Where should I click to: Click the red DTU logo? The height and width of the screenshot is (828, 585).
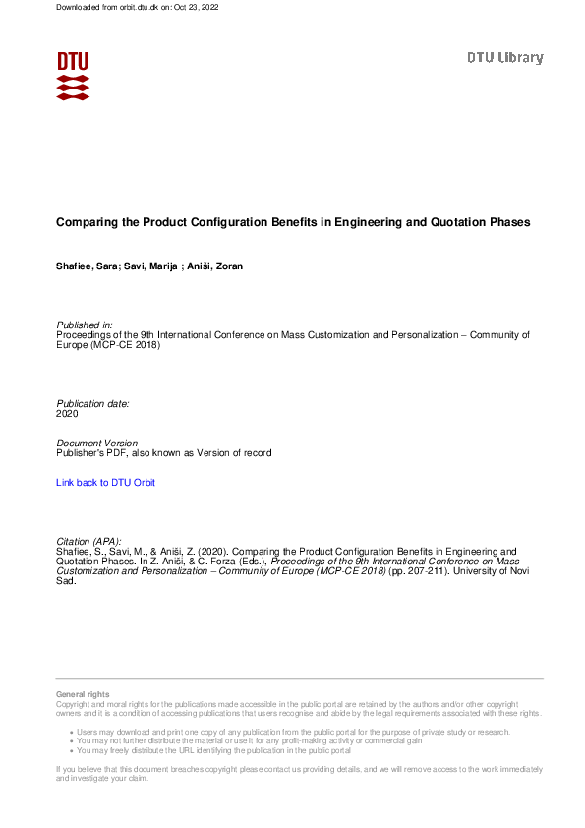point(73,76)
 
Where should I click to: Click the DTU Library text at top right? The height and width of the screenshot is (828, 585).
point(504,58)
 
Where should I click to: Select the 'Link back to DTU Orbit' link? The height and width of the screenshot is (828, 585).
point(105,483)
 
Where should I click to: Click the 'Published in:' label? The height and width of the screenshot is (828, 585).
point(85,325)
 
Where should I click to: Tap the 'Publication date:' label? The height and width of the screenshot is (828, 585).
point(92,404)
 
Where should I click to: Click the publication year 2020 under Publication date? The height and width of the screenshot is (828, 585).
point(67,414)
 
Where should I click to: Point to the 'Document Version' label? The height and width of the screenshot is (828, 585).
point(97,444)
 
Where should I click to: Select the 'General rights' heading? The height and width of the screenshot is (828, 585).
point(84,694)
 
